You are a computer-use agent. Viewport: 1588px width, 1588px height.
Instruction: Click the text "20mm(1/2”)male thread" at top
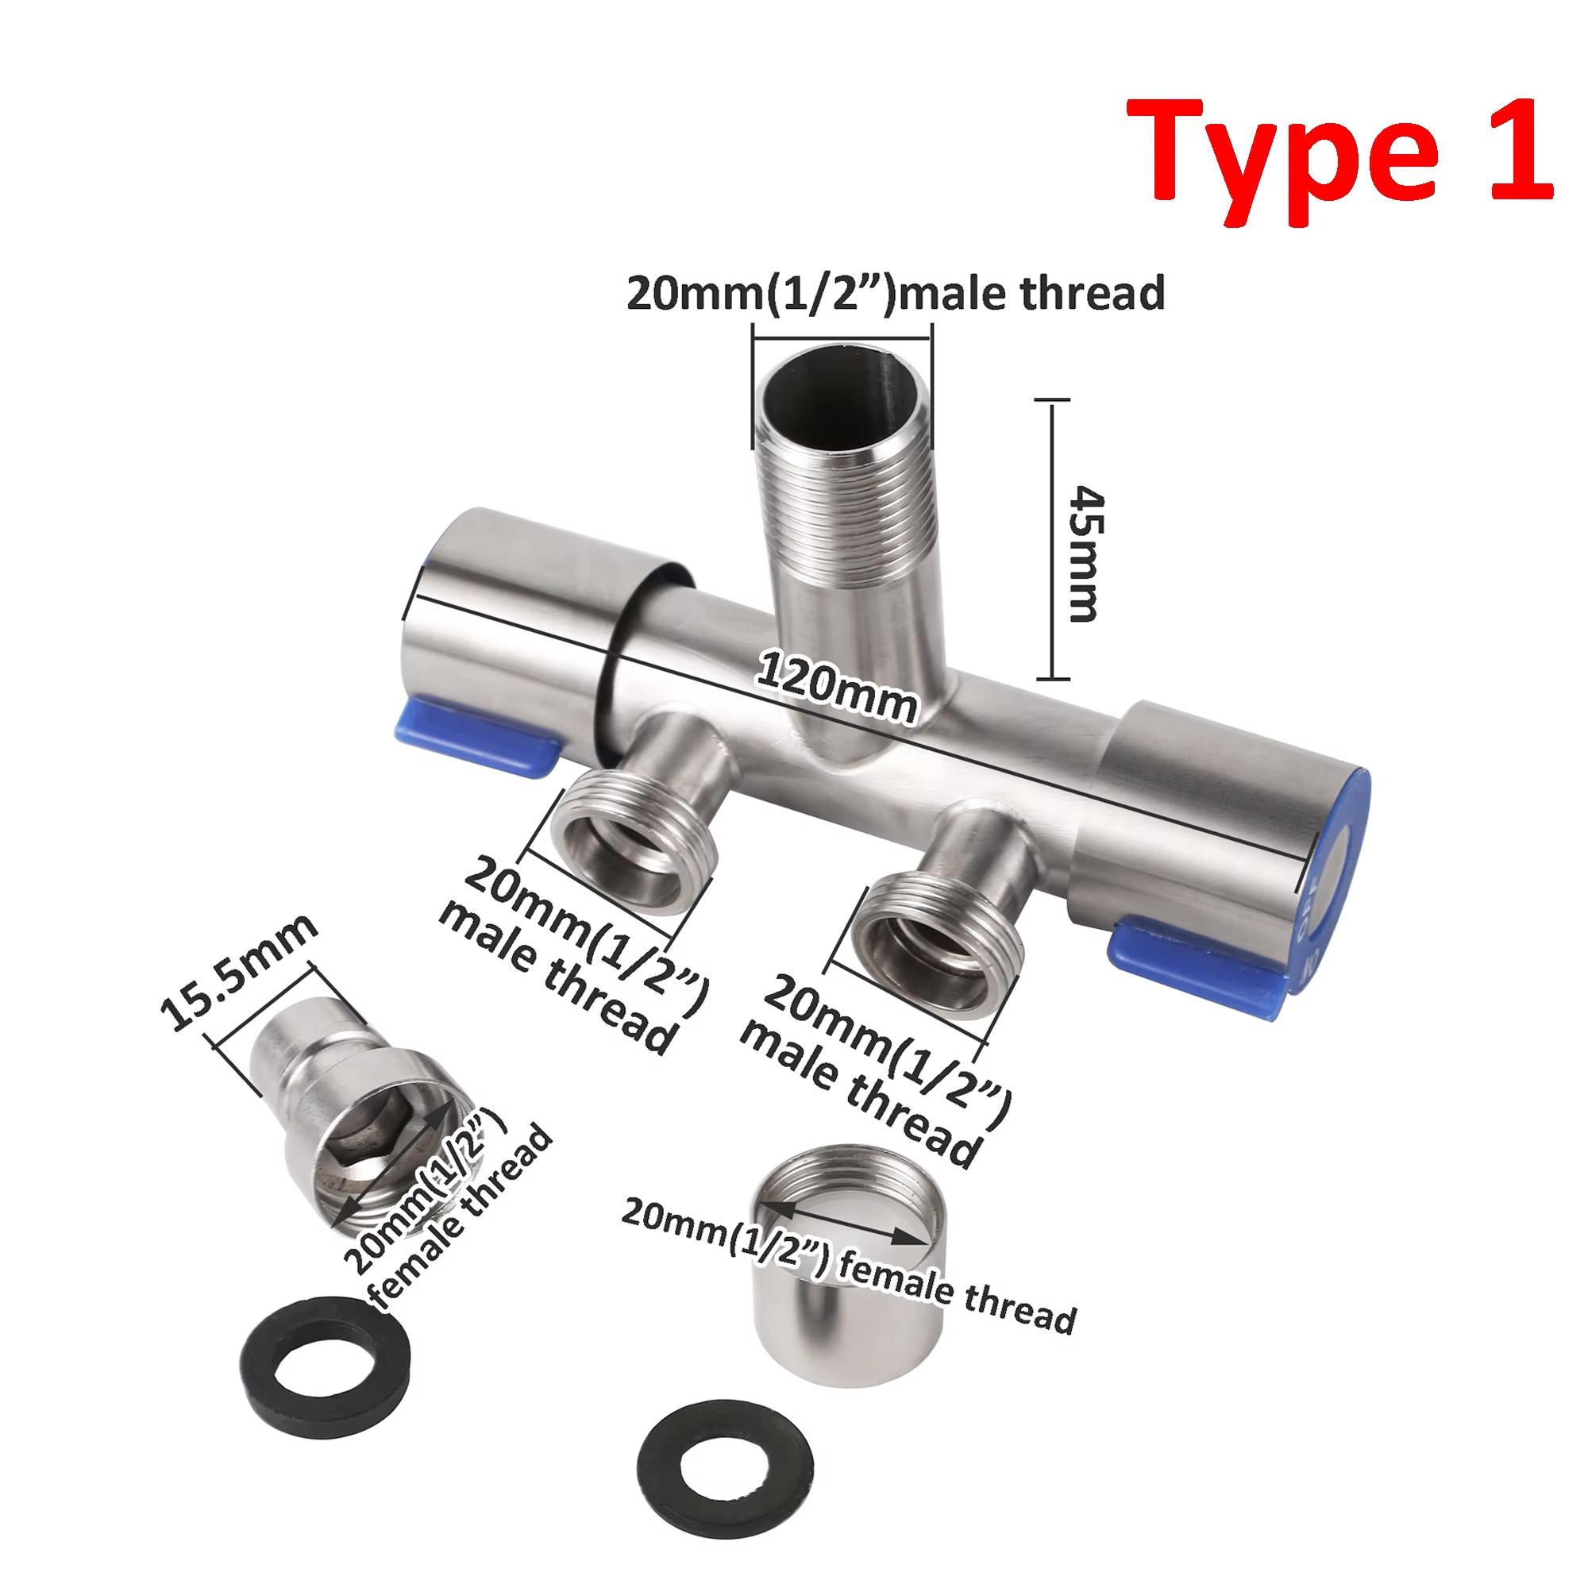coord(895,293)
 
